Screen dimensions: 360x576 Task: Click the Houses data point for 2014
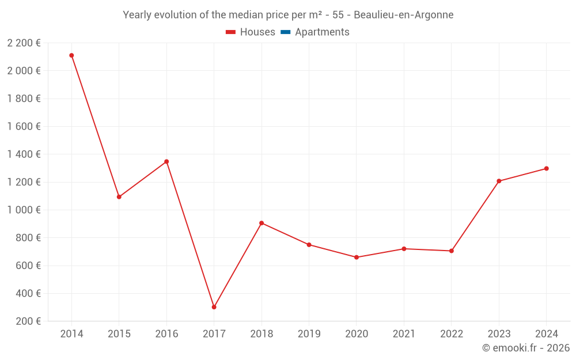point(71,55)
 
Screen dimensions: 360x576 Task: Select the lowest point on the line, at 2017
point(214,307)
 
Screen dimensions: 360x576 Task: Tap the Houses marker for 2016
point(166,162)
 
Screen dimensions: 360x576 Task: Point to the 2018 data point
point(262,223)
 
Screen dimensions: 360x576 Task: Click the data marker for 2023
point(499,181)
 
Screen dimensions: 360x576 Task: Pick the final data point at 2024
point(546,169)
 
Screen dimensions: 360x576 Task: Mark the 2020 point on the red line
point(357,257)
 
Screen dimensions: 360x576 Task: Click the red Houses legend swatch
point(230,32)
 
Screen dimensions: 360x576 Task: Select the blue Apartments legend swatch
point(285,32)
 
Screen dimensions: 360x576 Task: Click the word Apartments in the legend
point(322,32)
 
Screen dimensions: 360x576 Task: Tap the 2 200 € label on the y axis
point(24,43)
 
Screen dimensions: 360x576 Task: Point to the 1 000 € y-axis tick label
point(24,210)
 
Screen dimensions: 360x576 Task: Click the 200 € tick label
point(29,321)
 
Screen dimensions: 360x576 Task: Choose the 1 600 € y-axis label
point(24,127)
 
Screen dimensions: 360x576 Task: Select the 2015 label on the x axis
point(119,334)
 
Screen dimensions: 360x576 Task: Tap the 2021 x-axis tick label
point(404,334)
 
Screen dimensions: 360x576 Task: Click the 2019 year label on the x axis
point(309,334)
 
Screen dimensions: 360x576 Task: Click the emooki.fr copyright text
point(526,348)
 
